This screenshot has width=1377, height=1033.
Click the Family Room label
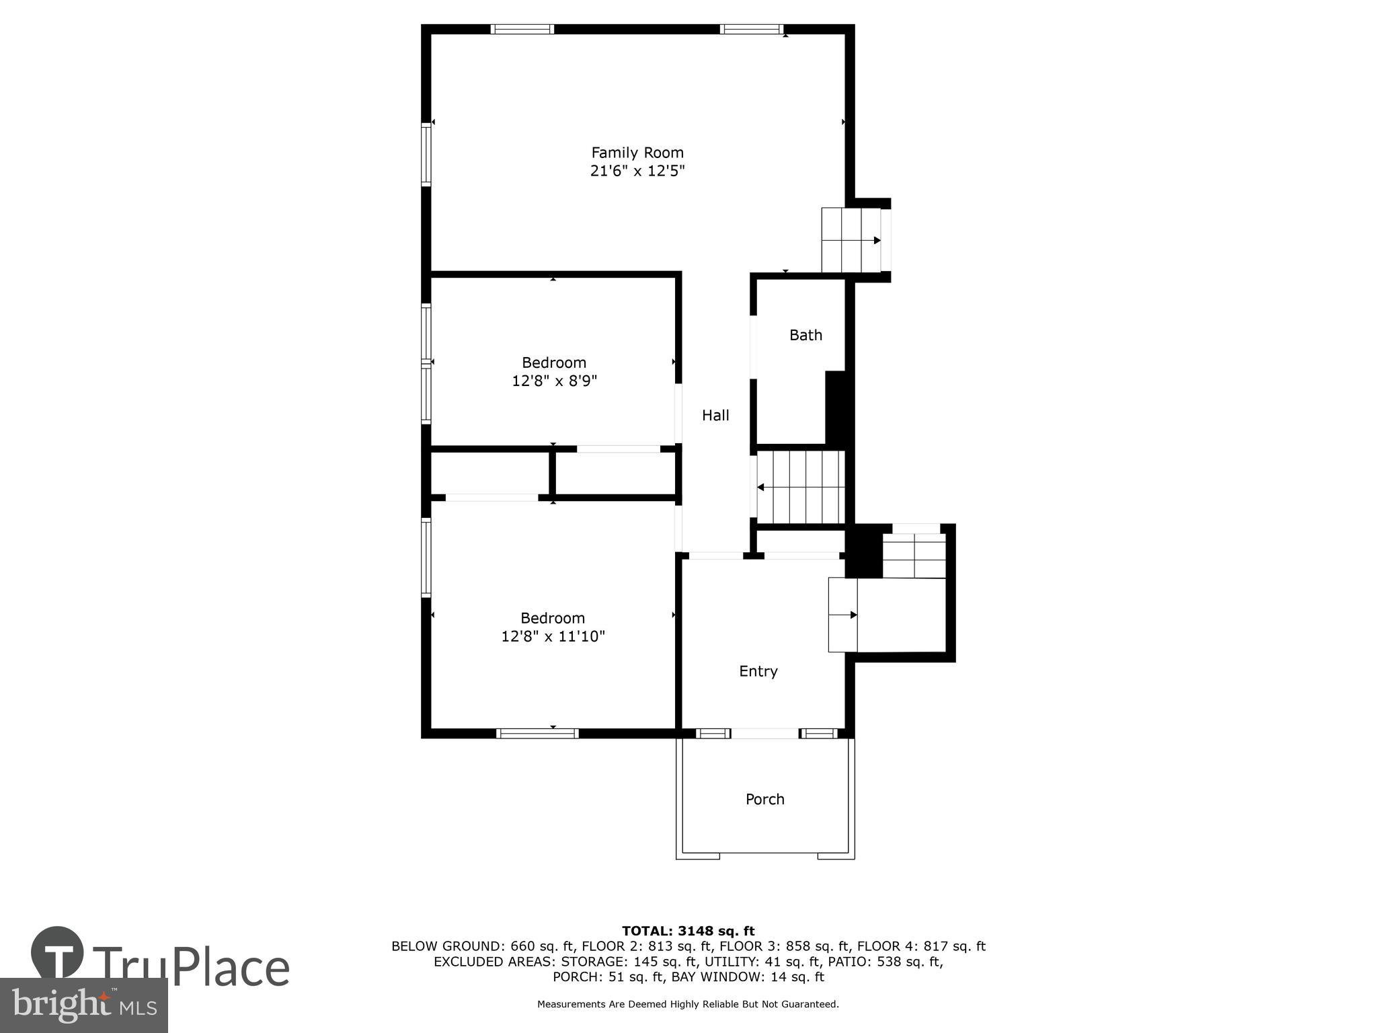[637, 153]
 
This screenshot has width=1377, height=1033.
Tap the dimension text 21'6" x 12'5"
[637, 171]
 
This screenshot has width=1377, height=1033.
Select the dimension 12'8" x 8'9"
[554, 381]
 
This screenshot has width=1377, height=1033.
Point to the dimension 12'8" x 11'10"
[553, 636]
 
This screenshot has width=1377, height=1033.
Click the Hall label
[715, 416]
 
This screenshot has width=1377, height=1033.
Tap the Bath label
[805, 335]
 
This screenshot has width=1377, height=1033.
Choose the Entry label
[758, 671]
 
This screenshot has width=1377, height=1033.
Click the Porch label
[764, 799]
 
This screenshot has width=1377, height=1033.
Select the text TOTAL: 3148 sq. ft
[688, 931]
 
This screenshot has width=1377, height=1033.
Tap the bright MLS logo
[83, 1005]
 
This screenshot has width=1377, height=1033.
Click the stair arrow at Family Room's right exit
[876, 240]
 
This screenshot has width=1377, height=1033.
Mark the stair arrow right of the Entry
[853, 615]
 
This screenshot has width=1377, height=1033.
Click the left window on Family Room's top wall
[522, 29]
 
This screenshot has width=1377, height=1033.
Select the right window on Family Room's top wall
[751, 29]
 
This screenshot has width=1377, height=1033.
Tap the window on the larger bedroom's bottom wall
[537, 734]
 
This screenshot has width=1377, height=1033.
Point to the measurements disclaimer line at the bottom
[688, 1004]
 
